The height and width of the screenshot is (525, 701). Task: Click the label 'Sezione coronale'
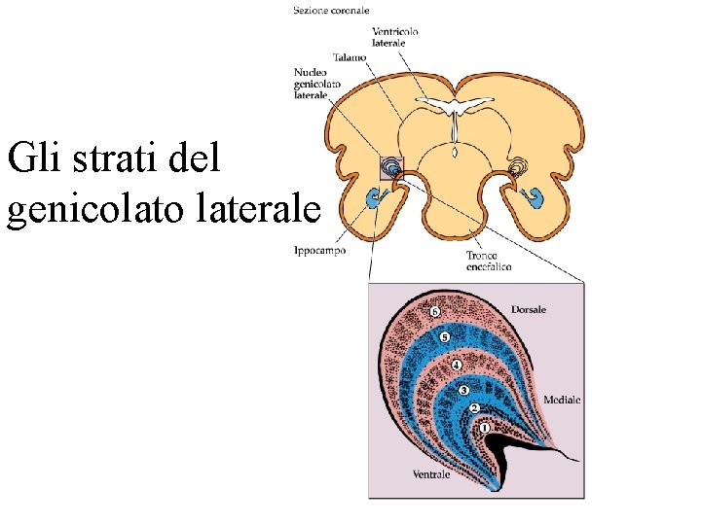point(331,11)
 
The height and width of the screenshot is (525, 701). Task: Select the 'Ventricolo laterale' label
point(395,37)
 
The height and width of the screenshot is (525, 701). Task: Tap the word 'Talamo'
point(350,57)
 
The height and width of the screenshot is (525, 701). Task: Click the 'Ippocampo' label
point(319,251)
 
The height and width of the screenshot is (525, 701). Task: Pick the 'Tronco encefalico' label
point(489,261)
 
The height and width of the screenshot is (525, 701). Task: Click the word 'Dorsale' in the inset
point(529,309)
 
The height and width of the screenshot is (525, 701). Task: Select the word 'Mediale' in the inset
point(562,400)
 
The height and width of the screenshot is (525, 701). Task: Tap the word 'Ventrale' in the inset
point(431,474)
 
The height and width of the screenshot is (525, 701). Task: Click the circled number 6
point(435,312)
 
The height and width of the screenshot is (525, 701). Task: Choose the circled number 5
point(445,337)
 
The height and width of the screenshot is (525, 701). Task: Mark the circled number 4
point(456,366)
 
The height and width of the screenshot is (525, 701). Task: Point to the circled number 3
point(464,390)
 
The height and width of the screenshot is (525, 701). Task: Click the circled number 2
point(474,408)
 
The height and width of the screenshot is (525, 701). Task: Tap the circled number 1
point(485,428)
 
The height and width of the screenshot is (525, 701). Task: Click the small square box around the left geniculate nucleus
point(390,167)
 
